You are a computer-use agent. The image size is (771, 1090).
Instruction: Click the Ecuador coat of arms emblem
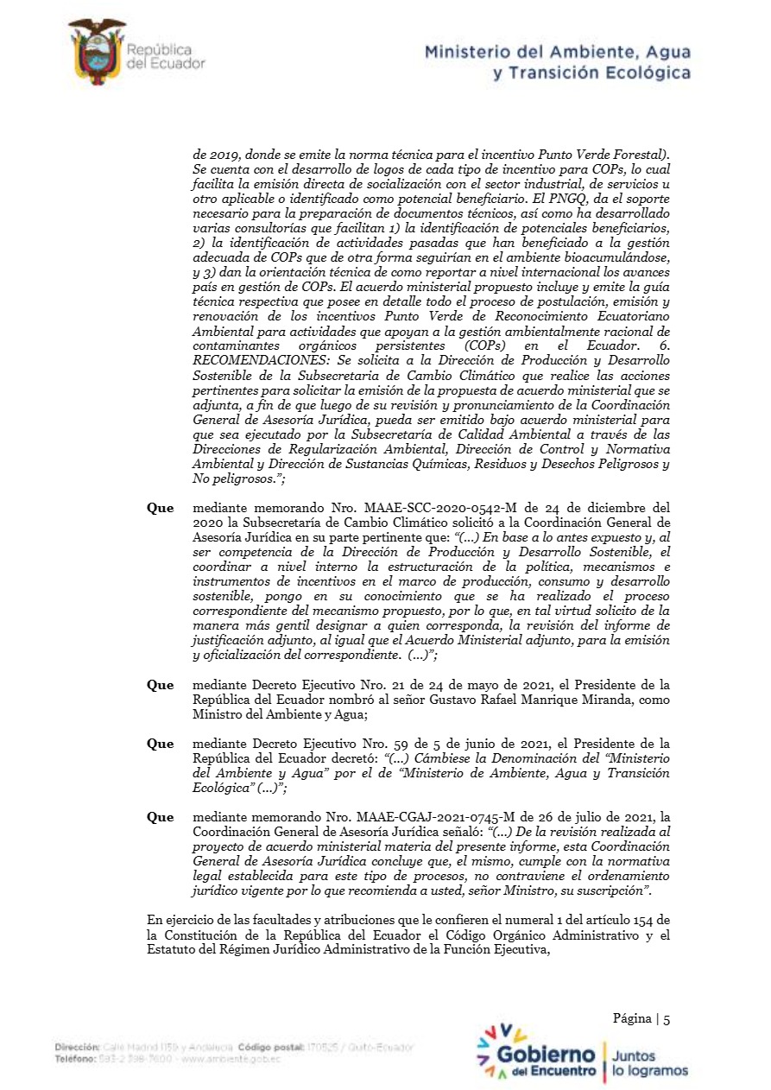(x=98, y=52)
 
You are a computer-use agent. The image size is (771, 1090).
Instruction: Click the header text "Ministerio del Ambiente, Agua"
(x=557, y=53)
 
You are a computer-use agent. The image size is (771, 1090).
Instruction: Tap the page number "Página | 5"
(x=641, y=1018)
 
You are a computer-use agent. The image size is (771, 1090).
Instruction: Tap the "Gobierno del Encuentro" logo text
(x=546, y=1061)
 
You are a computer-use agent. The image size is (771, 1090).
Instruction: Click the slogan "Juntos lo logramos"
(x=650, y=1063)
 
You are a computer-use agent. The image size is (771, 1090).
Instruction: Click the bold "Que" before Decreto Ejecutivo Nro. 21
(x=160, y=685)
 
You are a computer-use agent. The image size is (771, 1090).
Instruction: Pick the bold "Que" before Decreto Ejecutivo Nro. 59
(x=160, y=744)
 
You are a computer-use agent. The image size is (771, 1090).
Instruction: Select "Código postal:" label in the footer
(x=271, y=1047)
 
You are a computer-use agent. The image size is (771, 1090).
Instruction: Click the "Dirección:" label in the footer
(x=75, y=1047)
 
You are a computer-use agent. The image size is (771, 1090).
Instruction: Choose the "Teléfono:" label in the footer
(x=74, y=1058)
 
